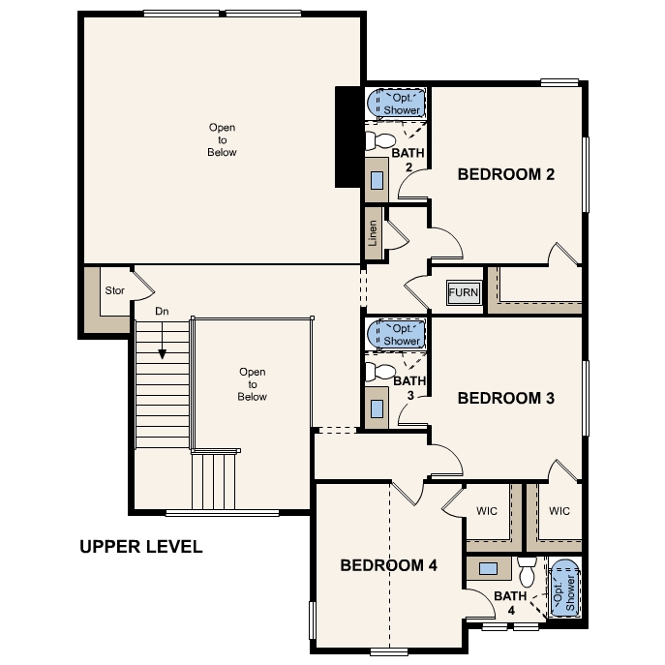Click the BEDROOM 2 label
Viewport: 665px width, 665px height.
click(506, 174)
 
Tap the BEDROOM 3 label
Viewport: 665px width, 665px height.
click(506, 398)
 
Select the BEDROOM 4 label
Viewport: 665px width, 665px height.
click(388, 565)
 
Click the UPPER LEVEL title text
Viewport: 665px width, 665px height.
click(140, 547)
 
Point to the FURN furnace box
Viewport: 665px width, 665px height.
click(464, 292)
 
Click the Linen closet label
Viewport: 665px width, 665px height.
click(373, 233)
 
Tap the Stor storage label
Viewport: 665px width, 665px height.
click(114, 290)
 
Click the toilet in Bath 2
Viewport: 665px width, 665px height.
click(380, 140)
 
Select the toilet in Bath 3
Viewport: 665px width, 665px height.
click(380, 372)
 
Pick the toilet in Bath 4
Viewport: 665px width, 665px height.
click(528, 572)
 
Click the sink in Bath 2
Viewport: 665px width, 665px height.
click(377, 180)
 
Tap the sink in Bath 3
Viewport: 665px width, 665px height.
click(377, 408)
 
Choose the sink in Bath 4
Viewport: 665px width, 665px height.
click(488, 568)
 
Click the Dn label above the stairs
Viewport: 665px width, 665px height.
click(162, 312)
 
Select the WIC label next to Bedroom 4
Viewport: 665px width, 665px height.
click(487, 511)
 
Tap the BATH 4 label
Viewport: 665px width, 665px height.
click(511, 603)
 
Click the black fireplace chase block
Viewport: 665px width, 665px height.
click(349, 136)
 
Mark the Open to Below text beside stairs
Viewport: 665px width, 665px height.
click(253, 384)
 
